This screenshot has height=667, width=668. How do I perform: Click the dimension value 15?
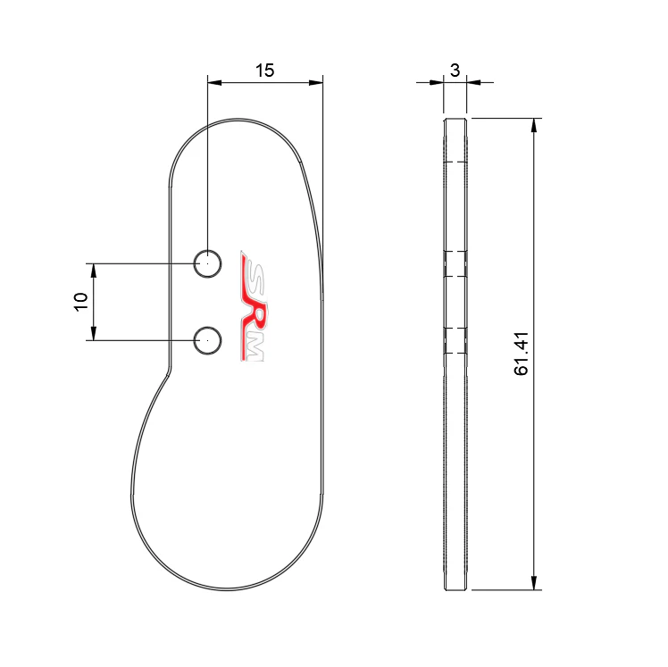(264, 71)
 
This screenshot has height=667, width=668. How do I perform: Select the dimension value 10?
(80, 302)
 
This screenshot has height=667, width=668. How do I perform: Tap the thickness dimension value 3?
(455, 71)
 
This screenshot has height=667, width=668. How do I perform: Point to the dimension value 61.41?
(521, 354)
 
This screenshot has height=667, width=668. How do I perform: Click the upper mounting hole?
(207, 264)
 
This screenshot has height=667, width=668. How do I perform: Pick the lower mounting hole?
(207, 341)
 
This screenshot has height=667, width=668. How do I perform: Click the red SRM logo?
(252, 305)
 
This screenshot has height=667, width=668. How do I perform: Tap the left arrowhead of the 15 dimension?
(214, 83)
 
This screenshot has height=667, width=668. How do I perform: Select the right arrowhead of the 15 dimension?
(315, 83)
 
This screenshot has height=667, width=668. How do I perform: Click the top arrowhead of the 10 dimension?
(94, 271)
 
